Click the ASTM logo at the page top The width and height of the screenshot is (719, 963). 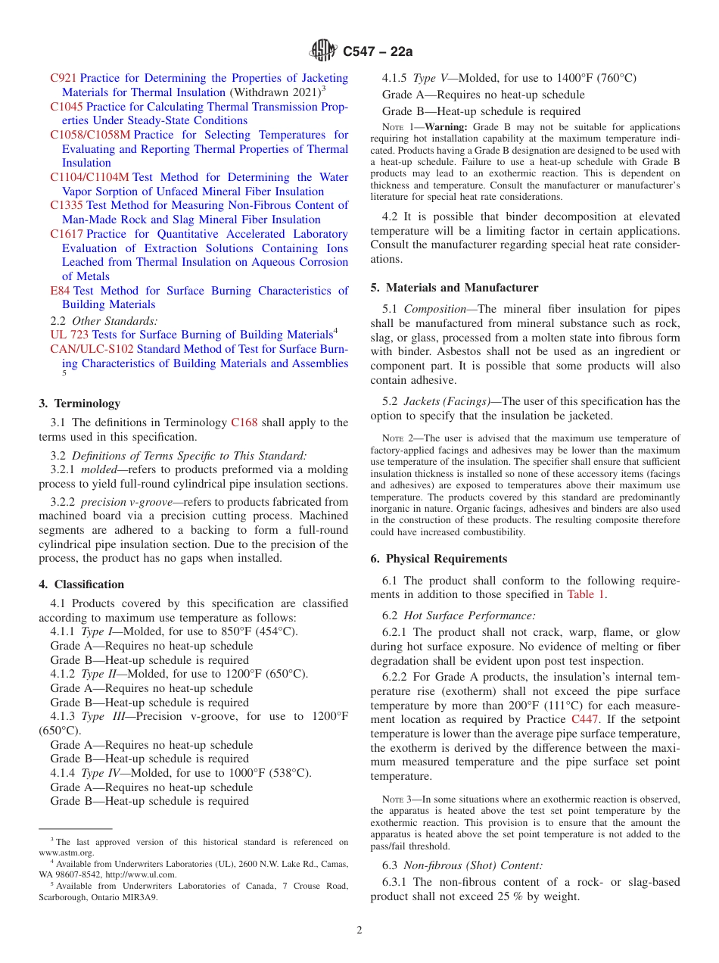pos(324,51)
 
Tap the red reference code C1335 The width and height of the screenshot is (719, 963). pos(67,205)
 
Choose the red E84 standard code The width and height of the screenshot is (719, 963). pos(60,291)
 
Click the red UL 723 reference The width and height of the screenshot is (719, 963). pos(69,335)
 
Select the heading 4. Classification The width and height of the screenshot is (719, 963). pos(81,584)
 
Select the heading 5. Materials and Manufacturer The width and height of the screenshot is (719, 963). pos(454,288)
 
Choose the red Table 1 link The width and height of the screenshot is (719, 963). pos(586,594)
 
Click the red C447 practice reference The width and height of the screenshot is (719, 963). pos(584,718)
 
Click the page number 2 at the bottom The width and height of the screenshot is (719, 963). pos(359,930)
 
